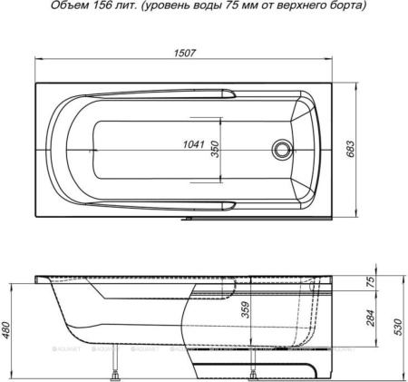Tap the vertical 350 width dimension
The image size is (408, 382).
pos(216,150)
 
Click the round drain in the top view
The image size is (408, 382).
pos(283,150)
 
